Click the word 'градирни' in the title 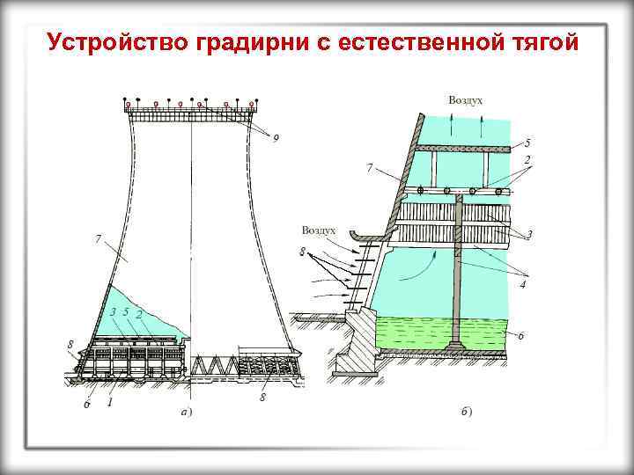click(255, 43)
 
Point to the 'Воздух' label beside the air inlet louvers click(319, 230)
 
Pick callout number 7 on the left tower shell click(98, 238)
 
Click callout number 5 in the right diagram click(527, 142)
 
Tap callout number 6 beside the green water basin click(522, 335)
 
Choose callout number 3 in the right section click(529, 234)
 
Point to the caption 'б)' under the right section click(467, 412)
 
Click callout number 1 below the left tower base click(110, 402)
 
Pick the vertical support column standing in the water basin click(458, 273)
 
